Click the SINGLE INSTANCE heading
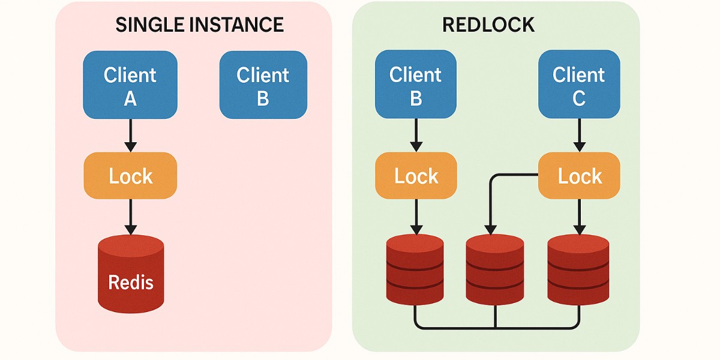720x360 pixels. [199, 25]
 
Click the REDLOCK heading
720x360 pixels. [488, 25]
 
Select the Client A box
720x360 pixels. [130, 85]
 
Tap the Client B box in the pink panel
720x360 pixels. [263, 85]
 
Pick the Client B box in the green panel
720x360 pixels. [415, 85]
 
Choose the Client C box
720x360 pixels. [578, 85]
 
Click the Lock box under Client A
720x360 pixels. [130, 176]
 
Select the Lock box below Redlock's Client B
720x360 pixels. [416, 176]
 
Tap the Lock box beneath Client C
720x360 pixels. [579, 176]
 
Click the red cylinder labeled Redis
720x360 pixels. [131, 273]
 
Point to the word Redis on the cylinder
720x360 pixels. [131, 282]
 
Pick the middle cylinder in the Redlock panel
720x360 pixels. [495, 270]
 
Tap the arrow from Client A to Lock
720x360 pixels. [130, 136]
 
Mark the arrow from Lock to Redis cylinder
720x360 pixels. [130, 216]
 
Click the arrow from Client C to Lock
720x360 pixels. [579, 136]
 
